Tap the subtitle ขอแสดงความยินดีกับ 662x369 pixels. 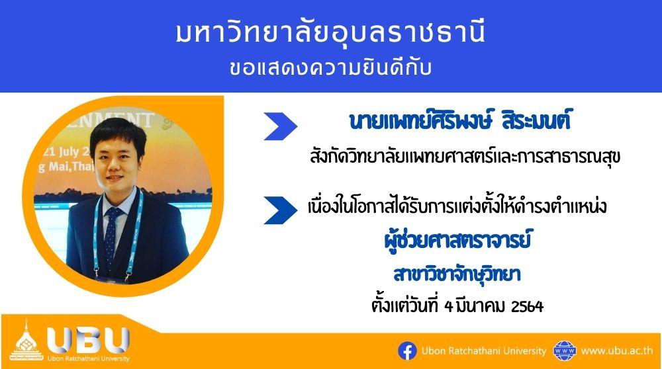(x=330, y=68)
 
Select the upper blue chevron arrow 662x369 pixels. (x=280, y=126)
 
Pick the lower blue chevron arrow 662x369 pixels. (x=280, y=210)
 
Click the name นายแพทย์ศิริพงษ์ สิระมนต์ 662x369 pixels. (x=460, y=120)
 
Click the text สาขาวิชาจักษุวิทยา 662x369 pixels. (x=457, y=274)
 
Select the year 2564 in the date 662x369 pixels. (x=527, y=307)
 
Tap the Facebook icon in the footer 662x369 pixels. (x=407, y=351)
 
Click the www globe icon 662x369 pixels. (x=565, y=351)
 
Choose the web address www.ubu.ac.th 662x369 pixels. (x=617, y=350)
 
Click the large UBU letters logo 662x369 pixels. (x=88, y=341)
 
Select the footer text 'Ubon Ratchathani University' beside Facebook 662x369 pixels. (x=484, y=351)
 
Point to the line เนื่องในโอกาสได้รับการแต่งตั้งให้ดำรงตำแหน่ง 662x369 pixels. (x=457, y=206)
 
